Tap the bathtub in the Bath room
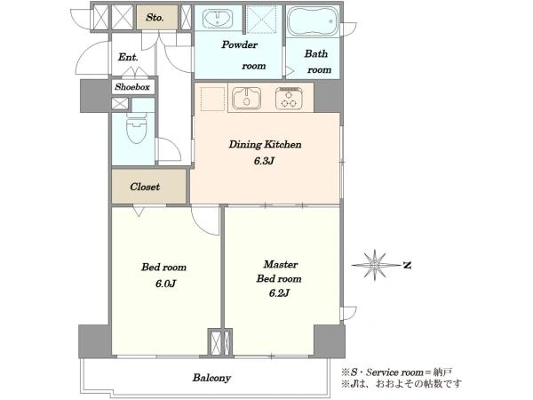coord(313,21)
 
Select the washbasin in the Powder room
coord(218,18)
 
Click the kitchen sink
coord(246,99)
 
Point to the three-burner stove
coord(289,99)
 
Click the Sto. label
coord(155,18)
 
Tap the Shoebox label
coord(132,87)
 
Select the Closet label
coord(145,187)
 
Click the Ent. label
coord(128,57)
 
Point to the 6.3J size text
coord(264,161)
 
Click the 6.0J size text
coord(165,284)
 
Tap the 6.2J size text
coord(279,292)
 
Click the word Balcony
coord(211,378)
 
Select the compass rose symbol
coord(375,265)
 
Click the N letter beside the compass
coord(407,265)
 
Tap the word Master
coord(281,264)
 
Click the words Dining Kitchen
coord(265,145)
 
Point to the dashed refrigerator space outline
coord(212,99)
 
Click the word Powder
coord(239,44)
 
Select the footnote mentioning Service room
coord(397,372)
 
